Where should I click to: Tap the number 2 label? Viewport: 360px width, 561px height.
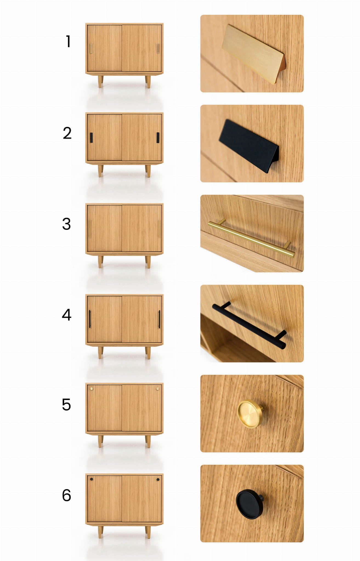(67, 133)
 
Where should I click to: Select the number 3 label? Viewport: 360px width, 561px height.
(66, 224)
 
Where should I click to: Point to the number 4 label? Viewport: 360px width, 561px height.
(67, 314)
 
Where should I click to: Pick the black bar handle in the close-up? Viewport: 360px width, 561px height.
(249, 325)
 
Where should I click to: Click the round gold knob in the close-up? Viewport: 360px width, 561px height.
(250, 414)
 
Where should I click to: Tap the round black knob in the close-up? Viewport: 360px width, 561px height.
(250, 504)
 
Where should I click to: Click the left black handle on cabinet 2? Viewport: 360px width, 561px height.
(91, 138)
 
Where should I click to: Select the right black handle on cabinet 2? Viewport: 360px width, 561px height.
(158, 138)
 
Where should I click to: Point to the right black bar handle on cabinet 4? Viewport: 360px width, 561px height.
(159, 319)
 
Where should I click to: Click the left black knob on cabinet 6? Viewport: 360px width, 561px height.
(92, 479)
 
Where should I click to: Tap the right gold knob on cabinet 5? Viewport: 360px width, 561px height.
(158, 389)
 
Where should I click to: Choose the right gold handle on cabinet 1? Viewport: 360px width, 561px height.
(158, 49)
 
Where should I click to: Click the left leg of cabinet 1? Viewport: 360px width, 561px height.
(101, 82)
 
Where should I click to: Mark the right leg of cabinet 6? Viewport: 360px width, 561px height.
(148, 532)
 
